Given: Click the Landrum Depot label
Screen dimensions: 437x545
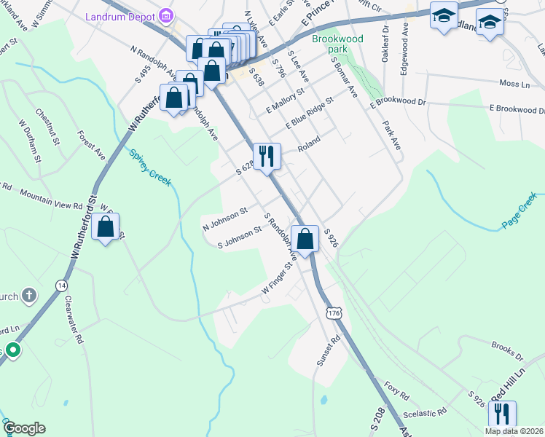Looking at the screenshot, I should pos(122,15).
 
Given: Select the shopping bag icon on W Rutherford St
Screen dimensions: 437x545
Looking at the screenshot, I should pos(106,227).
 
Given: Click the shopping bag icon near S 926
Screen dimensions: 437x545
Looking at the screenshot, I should pos(305,238).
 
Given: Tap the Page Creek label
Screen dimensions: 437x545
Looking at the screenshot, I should pos(519,211).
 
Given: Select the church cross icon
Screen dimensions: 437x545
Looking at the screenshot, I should pos(28,296).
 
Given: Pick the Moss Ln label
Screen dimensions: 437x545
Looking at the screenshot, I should pos(514,84).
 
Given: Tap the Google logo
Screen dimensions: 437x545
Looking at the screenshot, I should pos(24,428).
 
